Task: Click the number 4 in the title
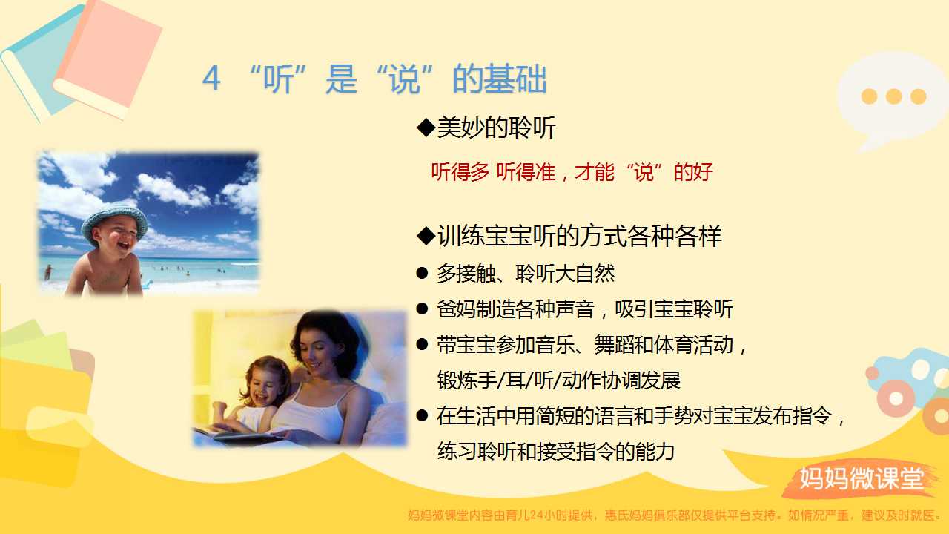coord(211,79)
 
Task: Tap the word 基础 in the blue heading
coord(515,79)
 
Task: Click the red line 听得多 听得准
coord(493,172)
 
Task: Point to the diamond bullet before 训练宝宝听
coord(426,236)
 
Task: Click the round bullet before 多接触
coord(422,273)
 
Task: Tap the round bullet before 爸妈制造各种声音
coord(422,309)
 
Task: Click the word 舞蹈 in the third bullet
coord(613,345)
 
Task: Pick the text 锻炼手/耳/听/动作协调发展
coord(559,380)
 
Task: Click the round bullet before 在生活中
coord(422,415)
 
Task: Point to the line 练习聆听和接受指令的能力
coord(556,451)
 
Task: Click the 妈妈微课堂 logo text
coord(862,478)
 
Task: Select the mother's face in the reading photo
coord(316,352)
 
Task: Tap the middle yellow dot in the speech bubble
coord(893,96)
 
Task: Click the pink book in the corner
coord(108,59)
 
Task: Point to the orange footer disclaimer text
coord(674,515)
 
